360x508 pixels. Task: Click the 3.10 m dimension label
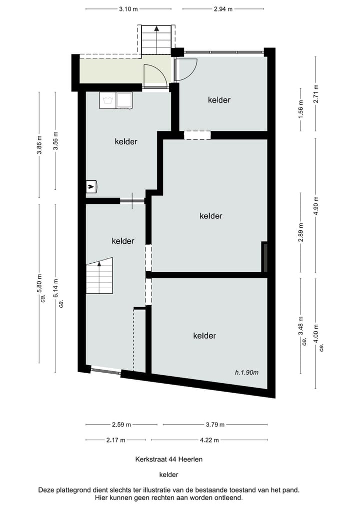click(x=128, y=9)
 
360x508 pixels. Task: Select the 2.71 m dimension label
click(x=315, y=93)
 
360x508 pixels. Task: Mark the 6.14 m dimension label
click(x=55, y=288)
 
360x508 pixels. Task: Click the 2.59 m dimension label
click(x=121, y=425)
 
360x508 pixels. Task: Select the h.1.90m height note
click(x=246, y=372)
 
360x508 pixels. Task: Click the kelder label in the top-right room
click(x=219, y=100)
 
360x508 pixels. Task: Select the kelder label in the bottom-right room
click(x=204, y=336)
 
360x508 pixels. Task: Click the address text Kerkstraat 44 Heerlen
click(x=168, y=459)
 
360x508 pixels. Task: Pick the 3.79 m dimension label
click(x=215, y=425)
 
